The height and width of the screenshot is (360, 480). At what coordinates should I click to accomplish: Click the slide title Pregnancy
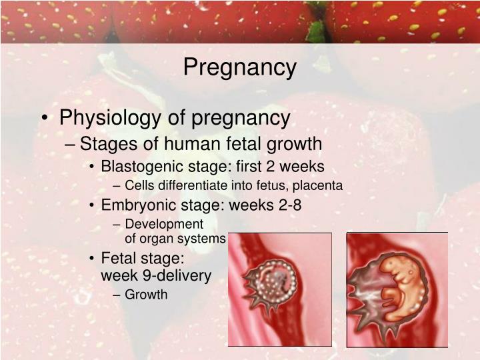(239, 67)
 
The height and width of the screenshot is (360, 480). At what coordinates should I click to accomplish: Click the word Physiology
(102, 118)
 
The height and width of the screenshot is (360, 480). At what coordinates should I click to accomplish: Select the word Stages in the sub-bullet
(101, 144)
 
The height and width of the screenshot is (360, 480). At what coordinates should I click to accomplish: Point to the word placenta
(320, 185)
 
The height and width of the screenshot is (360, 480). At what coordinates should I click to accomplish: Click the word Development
(163, 224)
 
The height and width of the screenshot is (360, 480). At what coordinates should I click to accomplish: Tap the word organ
(156, 238)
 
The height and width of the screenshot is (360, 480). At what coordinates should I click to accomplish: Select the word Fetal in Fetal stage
(117, 258)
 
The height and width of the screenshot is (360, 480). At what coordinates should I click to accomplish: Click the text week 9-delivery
(155, 275)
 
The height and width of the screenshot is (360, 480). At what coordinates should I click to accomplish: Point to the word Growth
(146, 294)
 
